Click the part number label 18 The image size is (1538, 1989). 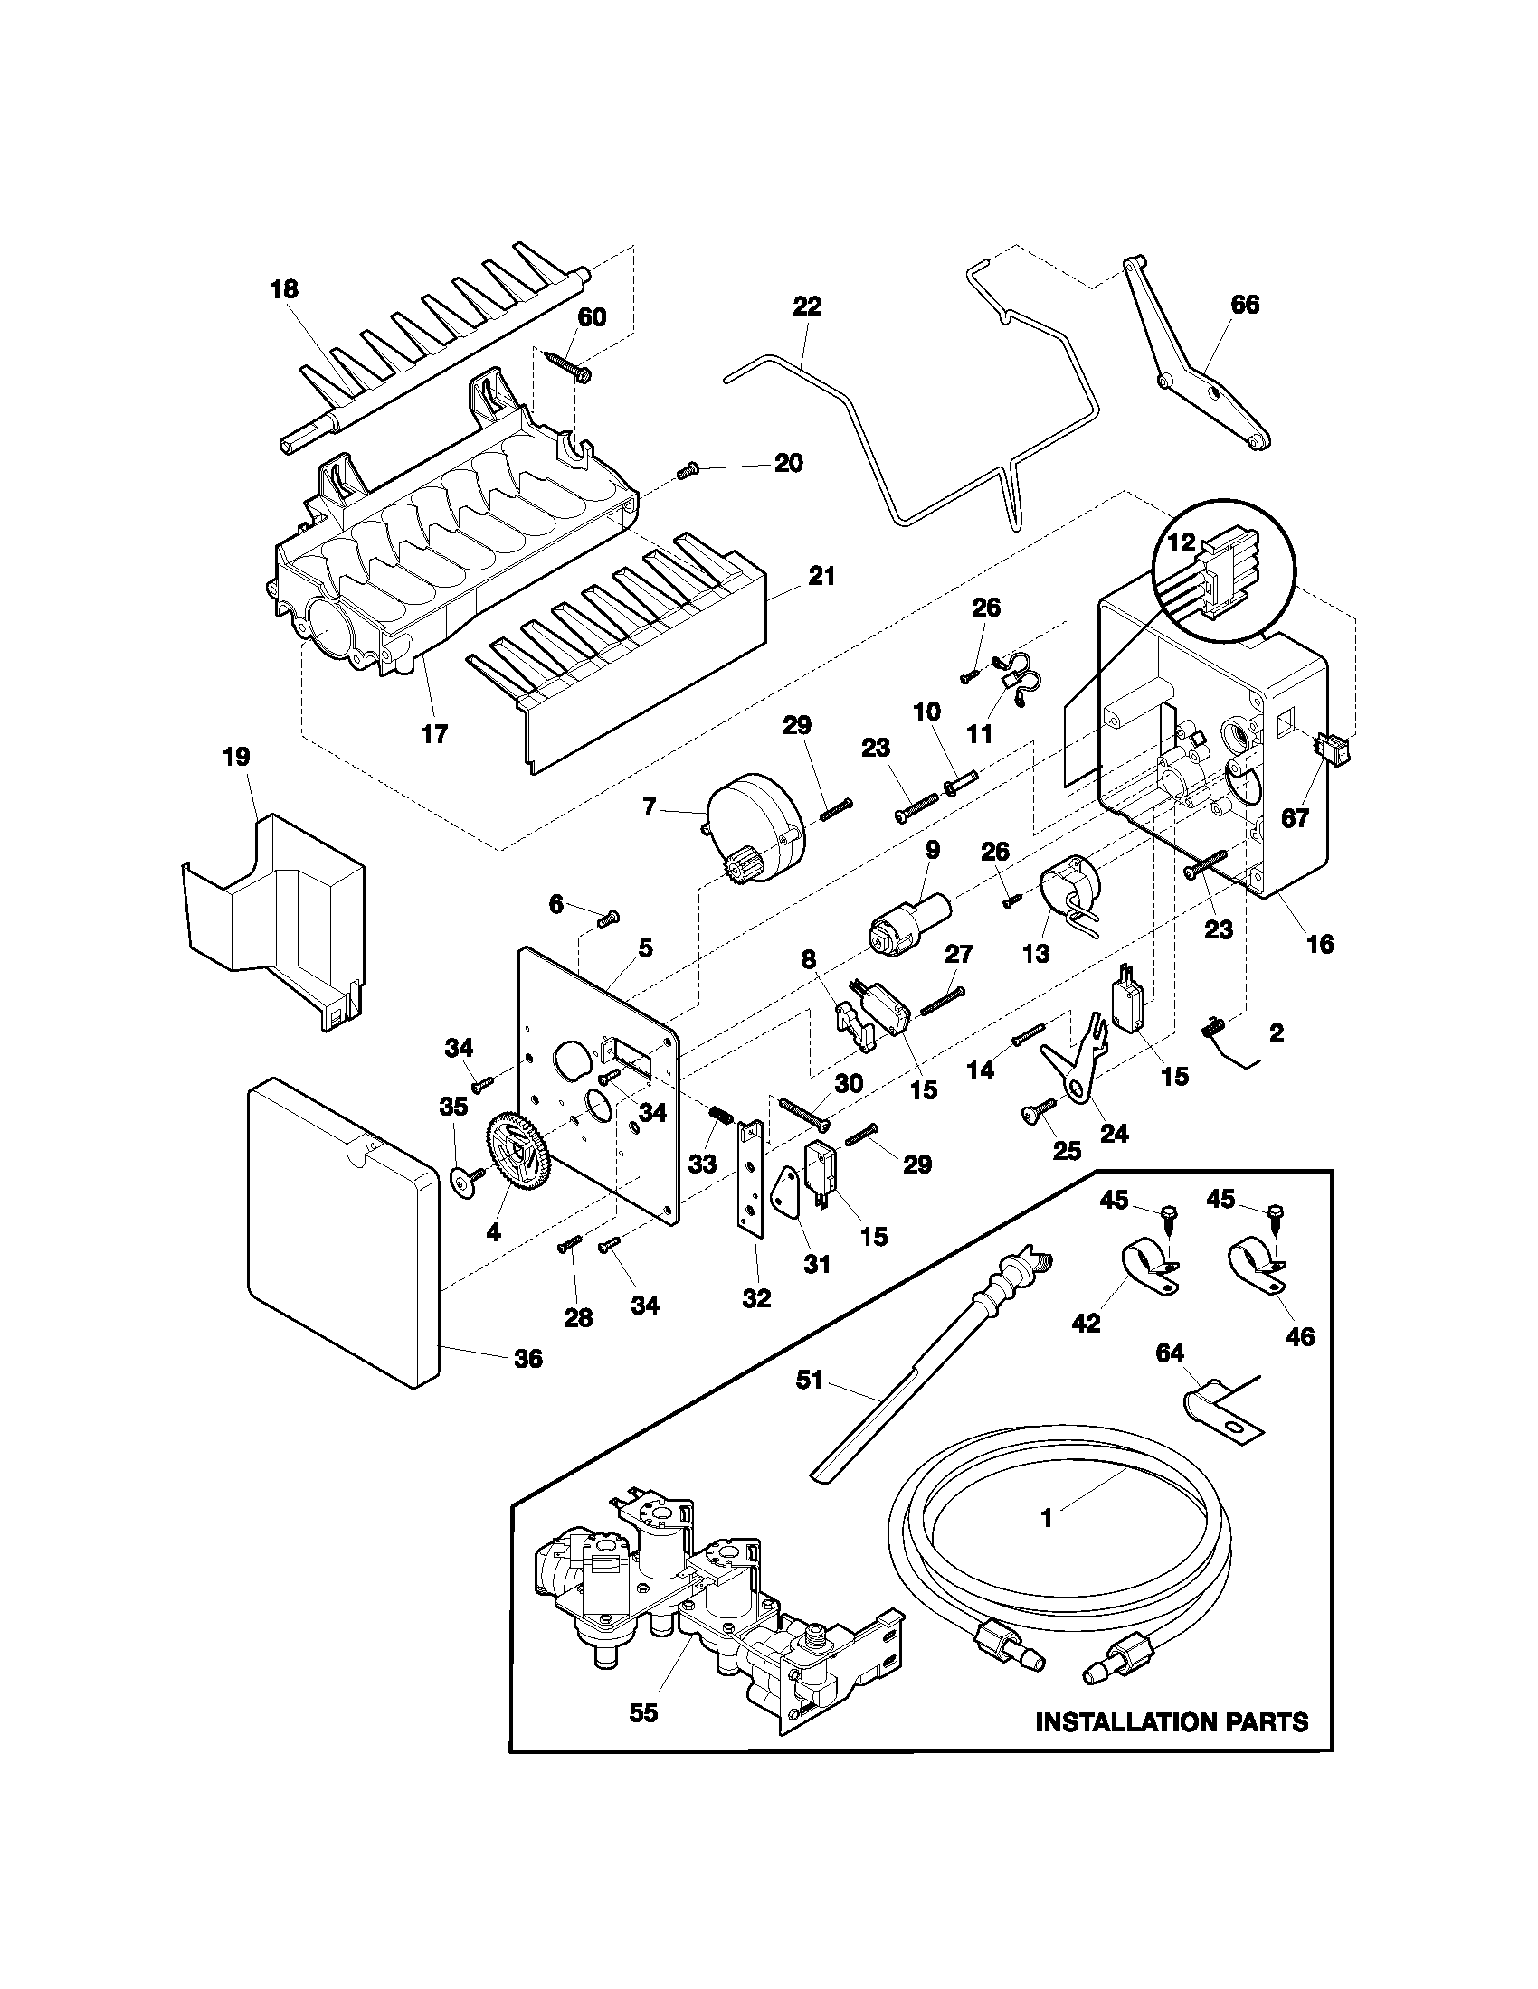coord(283,289)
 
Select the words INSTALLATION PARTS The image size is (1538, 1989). coord(1172,1722)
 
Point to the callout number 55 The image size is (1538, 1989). coord(643,1712)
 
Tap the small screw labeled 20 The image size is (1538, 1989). coord(687,471)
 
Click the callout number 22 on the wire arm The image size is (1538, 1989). coord(807,306)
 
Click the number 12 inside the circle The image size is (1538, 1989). coord(1181,542)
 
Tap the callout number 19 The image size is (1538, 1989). coord(237,757)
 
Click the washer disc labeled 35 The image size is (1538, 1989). coord(466,1183)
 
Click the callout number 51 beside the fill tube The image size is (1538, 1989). coord(809,1381)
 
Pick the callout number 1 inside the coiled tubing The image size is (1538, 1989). coord(1046,1518)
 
